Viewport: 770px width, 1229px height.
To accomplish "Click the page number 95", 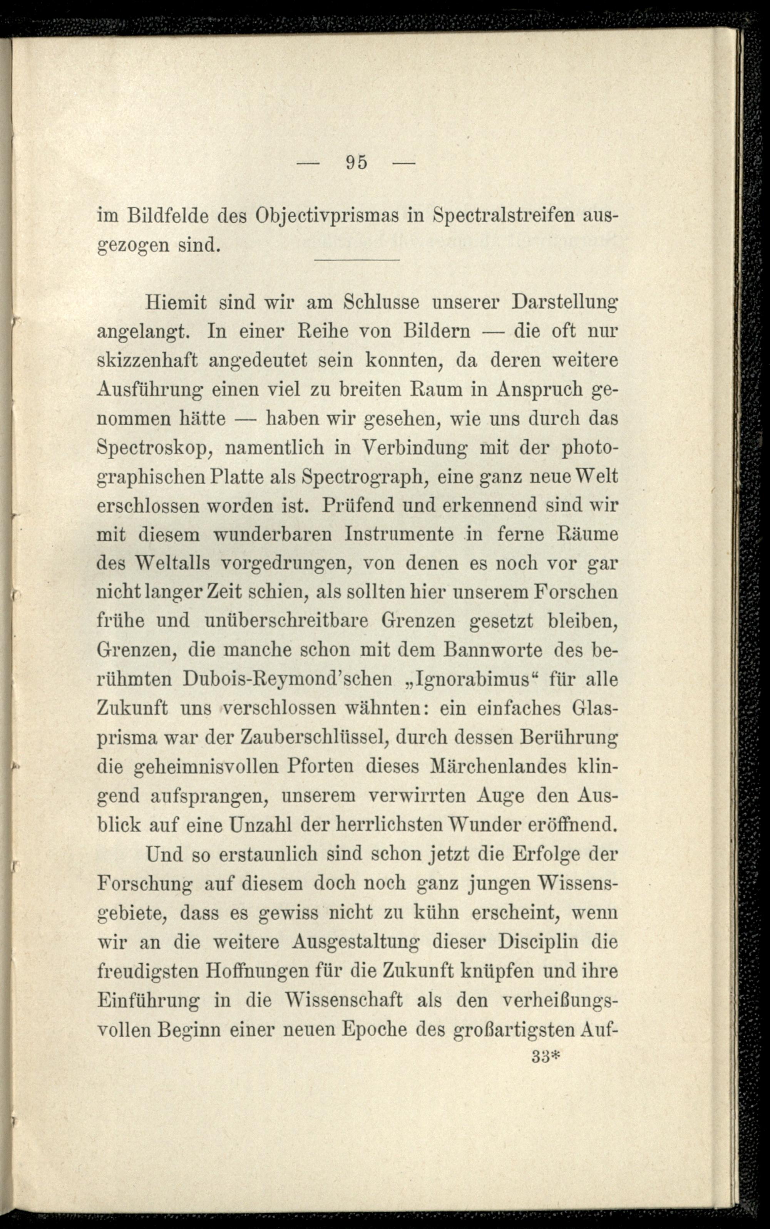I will click(357, 162).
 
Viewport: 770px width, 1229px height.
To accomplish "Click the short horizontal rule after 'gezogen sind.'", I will click(357, 260).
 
